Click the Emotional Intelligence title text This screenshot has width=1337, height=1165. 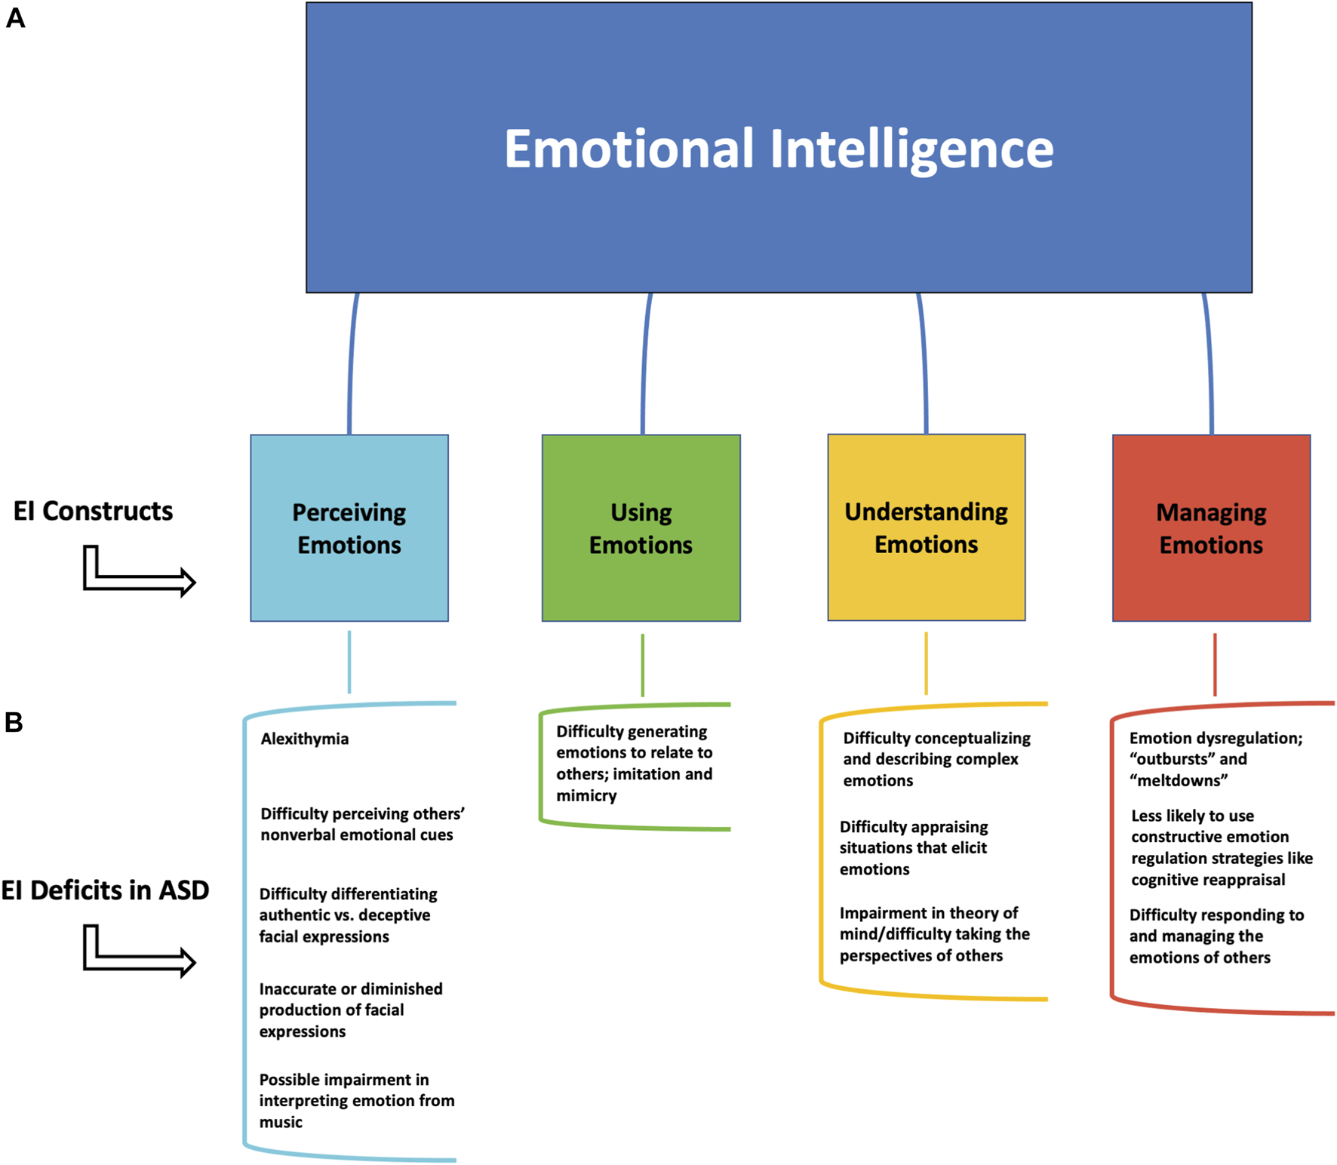pyautogui.click(x=778, y=149)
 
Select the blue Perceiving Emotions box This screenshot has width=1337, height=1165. pyautogui.click(x=349, y=528)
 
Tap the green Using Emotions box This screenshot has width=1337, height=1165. pyautogui.click(x=641, y=528)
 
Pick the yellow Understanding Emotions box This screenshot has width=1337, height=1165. pyautogui.click(x=926, y=527)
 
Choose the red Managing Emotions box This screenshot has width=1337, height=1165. pyautogui.click(x=1211, y=528)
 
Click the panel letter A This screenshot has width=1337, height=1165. pyautogui.click(x=15, y=18)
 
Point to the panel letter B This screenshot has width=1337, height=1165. pyautogui.click(x=14, y=722)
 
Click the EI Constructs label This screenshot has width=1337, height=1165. pyautogui.click(x=93, y=511)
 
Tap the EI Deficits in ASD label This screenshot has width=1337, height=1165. pyautogui.click(x=105, y=890)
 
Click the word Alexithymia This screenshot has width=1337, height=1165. pyautogui.click(x=304, y=739)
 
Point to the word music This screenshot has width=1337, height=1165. pyautogui.click(x=281, y=1122)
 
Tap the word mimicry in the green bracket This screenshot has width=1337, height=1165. pyautogui.click(x=586, y=795)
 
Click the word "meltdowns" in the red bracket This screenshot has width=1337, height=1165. pyautogui.click(x=1178, y=780)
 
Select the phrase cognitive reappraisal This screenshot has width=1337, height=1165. pyautogui.click(x=1207, y=880)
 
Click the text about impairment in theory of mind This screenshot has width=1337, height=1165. pyautogui.click(x=934, y=934)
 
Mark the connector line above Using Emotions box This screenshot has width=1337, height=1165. pyautogui.click(x=645, y=362)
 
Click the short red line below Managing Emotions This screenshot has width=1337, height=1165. pyautogui.click(x=1214, y=664)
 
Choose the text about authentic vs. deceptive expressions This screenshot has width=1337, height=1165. pyautogui.click(x=347, y=914)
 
